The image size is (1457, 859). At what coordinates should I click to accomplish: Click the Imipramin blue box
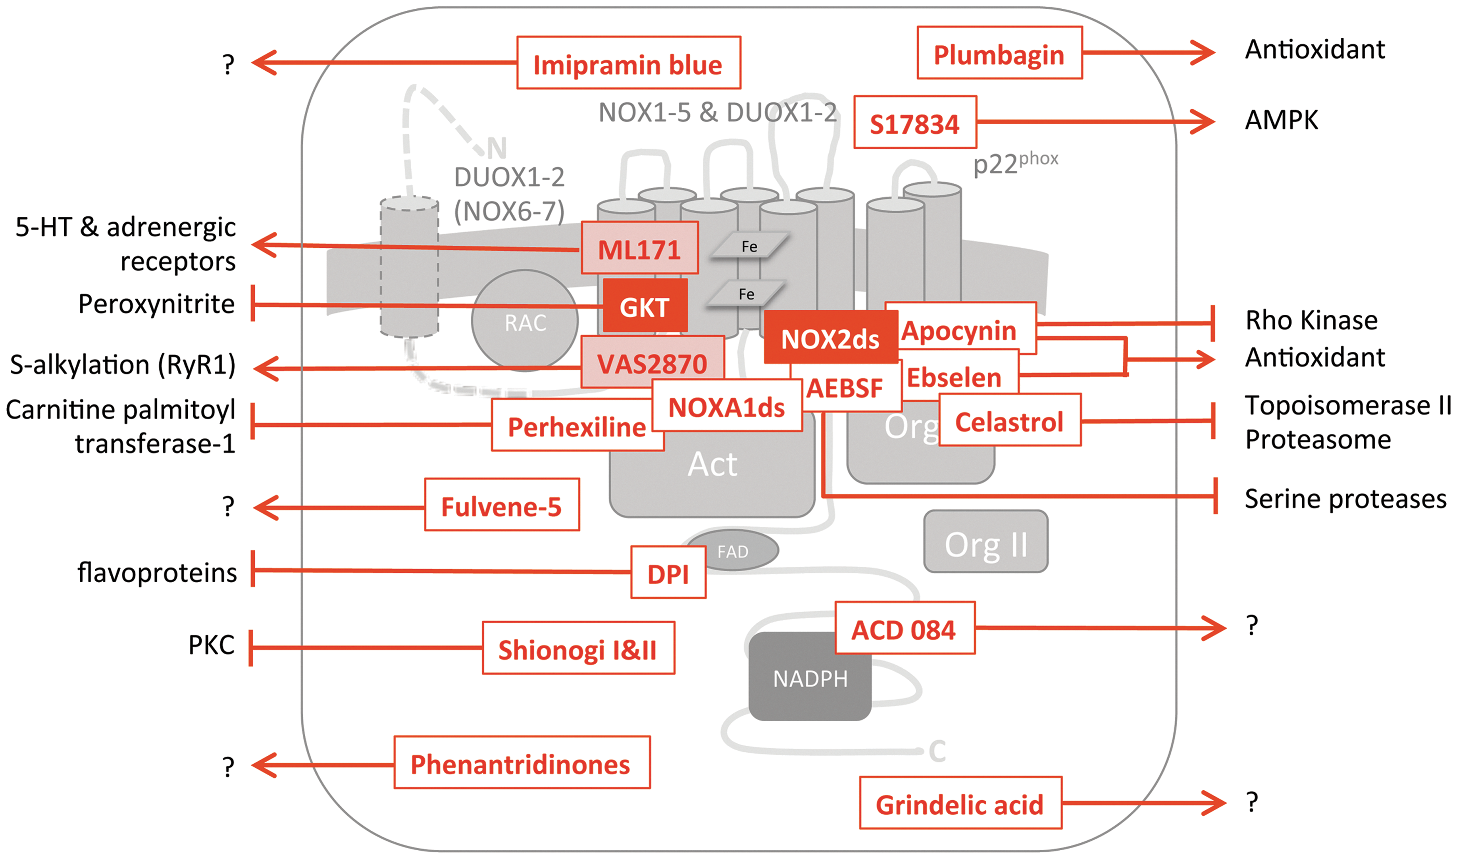tap(629, 62)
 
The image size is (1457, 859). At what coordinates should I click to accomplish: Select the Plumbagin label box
tap(1000, 53)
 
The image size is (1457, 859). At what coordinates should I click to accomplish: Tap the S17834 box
tap(915, 122)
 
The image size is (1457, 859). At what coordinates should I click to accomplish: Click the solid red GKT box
tap(644, 306)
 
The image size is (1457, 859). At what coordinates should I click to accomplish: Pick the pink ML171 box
tap(639, 248)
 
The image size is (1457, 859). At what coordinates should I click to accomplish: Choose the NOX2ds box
tap(830, 337)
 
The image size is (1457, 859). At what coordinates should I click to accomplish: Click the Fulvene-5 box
tap(502, 504)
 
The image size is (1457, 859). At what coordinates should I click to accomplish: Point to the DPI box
tap(668, 572)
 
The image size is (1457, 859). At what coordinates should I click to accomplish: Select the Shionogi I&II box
tap(578, 648)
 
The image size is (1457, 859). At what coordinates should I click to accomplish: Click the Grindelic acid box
tap(960, 803)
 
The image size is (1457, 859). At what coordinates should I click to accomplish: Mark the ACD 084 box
tap(905, 628)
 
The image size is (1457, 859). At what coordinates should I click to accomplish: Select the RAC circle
tap(525, 320)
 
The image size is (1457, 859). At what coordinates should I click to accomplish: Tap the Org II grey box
tap(985, 542)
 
